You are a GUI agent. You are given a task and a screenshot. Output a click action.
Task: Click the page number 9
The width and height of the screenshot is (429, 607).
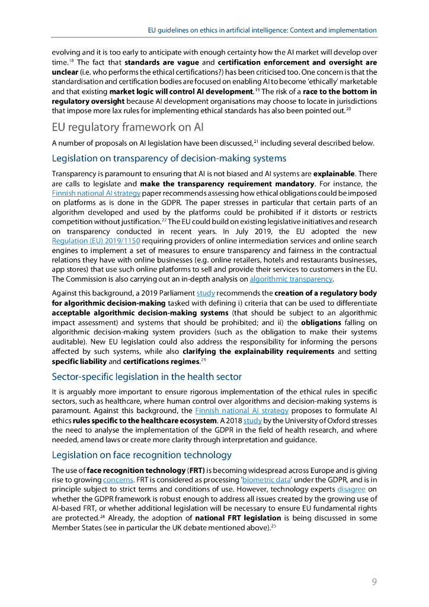[x=374, y=582]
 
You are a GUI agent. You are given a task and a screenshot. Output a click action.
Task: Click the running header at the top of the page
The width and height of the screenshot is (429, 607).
[x=262, y=30]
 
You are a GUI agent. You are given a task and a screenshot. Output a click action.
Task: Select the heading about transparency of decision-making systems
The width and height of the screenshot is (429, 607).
[x=169, y=158]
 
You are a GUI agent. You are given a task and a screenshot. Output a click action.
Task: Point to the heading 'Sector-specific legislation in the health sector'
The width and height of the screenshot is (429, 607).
[x=146, y=376]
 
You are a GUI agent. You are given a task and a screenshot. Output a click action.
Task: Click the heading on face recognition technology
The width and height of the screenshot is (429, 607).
[x=142, y=455]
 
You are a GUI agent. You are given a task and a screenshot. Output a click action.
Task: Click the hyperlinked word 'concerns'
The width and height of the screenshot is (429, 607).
[x=118, y=480]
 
